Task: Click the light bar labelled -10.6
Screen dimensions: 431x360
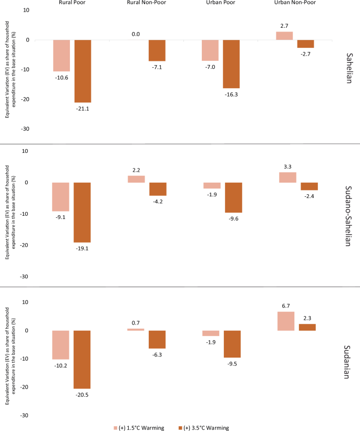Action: coord(61,55)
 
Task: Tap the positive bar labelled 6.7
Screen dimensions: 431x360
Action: coord(285,321)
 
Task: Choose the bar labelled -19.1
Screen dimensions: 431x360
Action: coord(82,212)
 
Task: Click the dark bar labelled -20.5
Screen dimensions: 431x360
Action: coord(82,359)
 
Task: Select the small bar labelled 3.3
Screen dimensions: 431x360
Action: coord(285,177)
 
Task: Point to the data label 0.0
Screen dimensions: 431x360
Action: coord(136,34)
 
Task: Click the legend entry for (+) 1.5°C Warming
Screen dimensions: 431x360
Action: coord(139,427)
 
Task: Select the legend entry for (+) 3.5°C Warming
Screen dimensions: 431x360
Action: coord(204,427)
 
